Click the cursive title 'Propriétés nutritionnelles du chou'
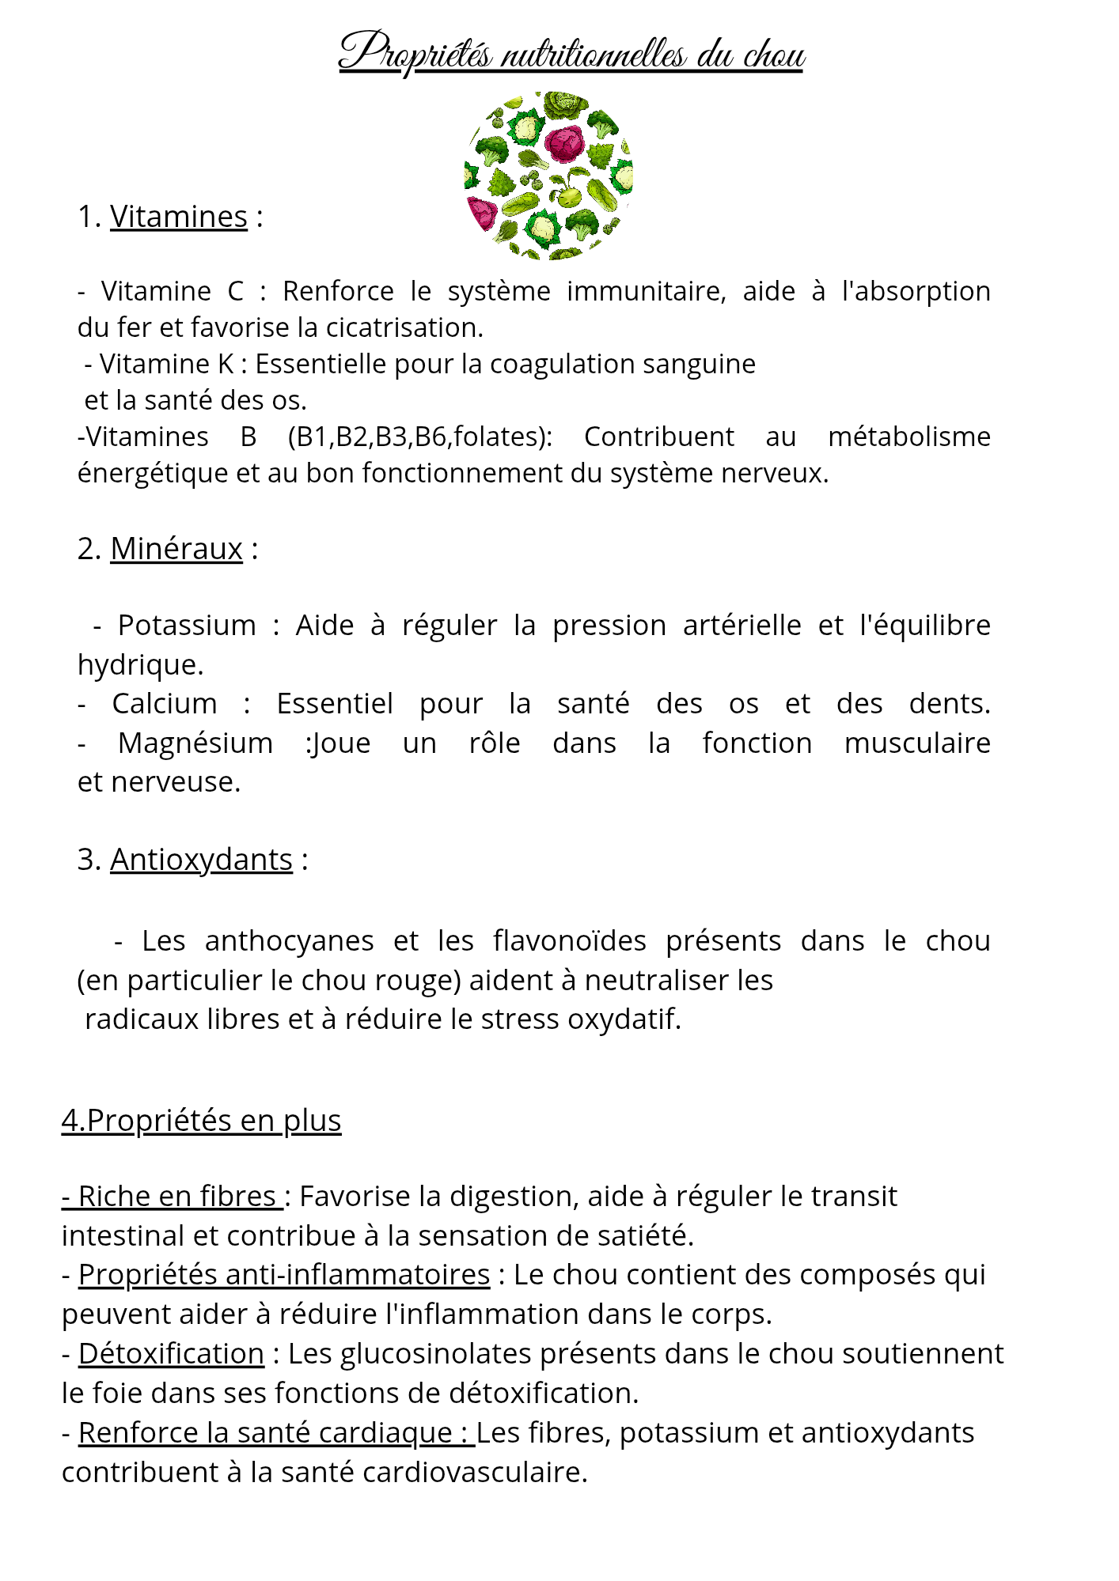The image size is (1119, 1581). [571, 54]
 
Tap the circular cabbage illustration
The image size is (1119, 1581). [548, 176]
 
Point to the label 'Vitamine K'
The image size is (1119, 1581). [166, 364]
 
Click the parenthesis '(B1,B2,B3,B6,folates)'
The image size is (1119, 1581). [420, 437]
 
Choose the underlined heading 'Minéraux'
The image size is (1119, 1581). [176, 548]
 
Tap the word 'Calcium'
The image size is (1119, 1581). [165, 703]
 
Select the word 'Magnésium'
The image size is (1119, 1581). [195, 743]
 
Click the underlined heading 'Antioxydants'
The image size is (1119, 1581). [201, 859]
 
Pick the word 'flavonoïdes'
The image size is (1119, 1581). [569, 940]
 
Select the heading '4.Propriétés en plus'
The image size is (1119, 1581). [202, 1120]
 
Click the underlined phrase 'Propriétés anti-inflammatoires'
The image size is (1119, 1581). [284, 1274]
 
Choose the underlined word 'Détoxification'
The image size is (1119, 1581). [171, 1353]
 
